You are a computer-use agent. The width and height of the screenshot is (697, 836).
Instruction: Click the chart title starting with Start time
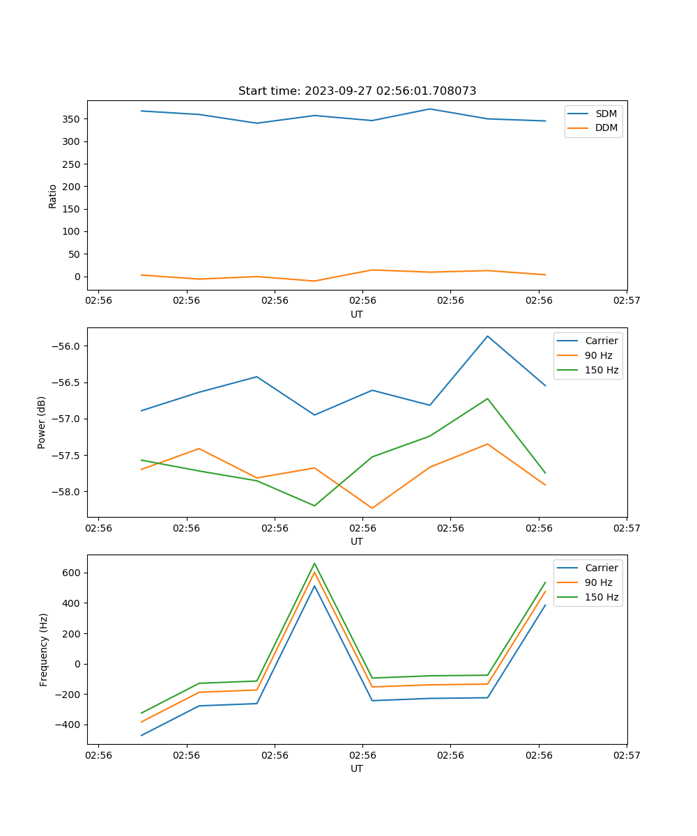357,91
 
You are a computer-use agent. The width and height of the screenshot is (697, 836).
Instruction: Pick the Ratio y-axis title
53,196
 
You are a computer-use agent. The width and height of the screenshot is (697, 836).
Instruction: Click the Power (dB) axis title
42,422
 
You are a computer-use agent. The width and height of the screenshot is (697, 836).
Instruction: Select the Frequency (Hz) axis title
44,649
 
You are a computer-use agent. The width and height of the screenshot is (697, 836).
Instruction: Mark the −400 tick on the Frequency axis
68,725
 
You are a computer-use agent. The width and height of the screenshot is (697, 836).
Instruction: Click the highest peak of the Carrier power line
487,336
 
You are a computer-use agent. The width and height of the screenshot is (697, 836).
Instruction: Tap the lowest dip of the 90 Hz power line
372,508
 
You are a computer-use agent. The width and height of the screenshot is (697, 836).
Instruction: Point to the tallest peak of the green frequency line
314,564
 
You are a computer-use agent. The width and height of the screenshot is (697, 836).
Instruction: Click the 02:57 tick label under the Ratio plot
627,301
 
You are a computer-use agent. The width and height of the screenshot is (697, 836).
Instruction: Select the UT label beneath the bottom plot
357,768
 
